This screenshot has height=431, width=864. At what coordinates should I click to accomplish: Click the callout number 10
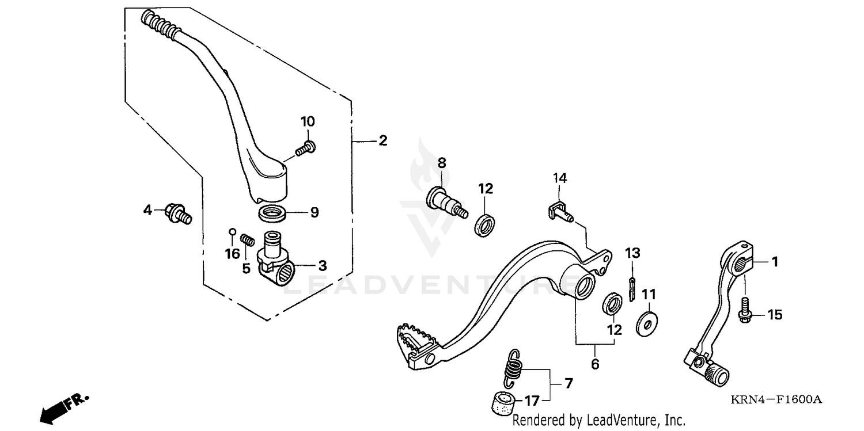click(x=308, y=121)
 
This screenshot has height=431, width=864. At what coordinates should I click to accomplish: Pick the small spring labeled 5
click(x=247, y=239)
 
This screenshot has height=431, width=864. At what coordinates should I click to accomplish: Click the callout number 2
click(x=382, y=140)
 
